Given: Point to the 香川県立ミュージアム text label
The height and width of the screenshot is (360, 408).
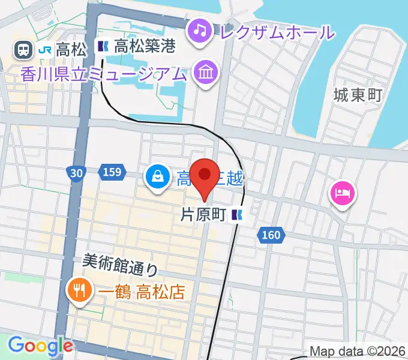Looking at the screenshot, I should [x=103, y=74].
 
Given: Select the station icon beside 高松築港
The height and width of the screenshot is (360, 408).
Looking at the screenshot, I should [x=103, y=46].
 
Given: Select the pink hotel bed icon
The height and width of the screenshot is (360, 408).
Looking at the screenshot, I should [x=342, y=193].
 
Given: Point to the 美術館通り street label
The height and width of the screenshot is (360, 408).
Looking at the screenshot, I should [x=120, y=262].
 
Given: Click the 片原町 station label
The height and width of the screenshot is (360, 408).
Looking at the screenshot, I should [x=205, y=215].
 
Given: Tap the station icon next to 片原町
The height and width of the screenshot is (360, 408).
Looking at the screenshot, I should [x=238, y=215].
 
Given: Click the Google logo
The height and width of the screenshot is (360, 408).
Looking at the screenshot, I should [x=40, y=346].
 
